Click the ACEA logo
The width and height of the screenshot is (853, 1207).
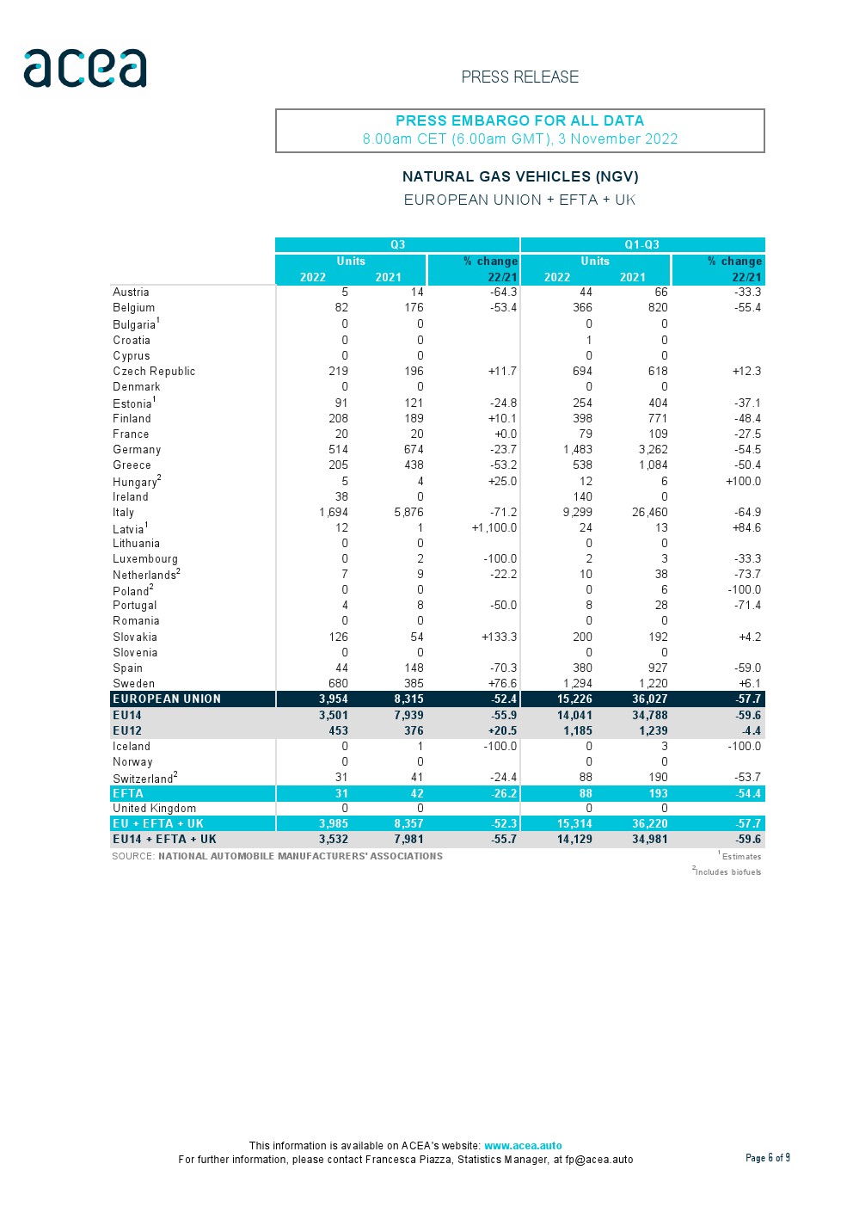pos(85,68)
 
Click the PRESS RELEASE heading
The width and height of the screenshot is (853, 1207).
pos(519,77)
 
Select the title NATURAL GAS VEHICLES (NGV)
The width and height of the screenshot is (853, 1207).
pos(519,176)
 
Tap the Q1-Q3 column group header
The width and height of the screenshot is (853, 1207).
pos(641,245)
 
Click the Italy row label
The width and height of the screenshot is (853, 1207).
pos(124,513)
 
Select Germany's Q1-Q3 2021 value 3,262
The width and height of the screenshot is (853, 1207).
pos(650,450)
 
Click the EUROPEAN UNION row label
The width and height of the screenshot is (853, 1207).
pos(167,699)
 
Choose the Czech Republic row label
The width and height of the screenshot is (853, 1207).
pos(154,372)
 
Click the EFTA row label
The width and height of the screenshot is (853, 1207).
pos(128,794)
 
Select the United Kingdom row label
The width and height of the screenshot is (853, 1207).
pos(155,809)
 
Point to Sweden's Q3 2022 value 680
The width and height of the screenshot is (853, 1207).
pos(338,684)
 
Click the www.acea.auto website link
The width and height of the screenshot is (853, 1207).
pos(523,1146)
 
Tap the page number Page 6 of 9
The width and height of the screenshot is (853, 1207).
pos(767,1158)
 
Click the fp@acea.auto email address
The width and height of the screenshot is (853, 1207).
pos(598,1160)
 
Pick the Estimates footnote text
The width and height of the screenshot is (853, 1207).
pos(741,857)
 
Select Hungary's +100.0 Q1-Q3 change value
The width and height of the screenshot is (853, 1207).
pos(743,482)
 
